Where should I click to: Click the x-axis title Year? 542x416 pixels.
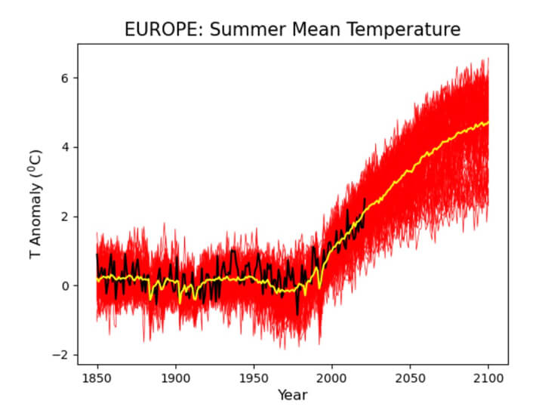click(x=292, y=394)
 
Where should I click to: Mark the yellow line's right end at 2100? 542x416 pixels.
click(x=488, y=122)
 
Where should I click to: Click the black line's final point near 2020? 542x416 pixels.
click(x=365, y=199)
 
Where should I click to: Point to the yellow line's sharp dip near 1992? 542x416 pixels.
click(x=320, y=288)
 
